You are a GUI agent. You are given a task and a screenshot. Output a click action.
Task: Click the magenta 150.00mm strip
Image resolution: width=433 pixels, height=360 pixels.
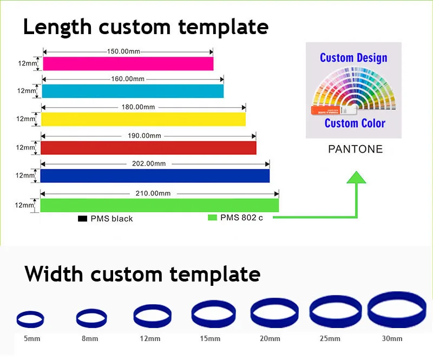tap(128, 63)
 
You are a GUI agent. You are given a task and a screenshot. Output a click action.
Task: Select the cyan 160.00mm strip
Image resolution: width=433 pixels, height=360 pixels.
tap(133, 91)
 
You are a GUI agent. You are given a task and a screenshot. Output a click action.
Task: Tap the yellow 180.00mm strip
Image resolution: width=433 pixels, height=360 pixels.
tap(143, 119)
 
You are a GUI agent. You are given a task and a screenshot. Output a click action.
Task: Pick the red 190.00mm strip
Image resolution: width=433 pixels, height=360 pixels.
tap(148, 147)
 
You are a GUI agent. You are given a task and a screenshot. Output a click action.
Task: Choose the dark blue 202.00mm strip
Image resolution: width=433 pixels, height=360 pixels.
tap(155, 175)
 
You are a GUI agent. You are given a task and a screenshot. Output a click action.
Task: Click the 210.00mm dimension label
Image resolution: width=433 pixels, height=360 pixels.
tap(153, 193)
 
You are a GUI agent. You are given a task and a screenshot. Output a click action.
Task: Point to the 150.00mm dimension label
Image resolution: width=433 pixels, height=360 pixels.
tap(124, 51)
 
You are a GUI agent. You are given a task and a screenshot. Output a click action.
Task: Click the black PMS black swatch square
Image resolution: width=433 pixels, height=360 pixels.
tap(83, 219)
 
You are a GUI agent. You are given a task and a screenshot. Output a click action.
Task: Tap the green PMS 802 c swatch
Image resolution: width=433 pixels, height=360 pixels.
tap(212, 218)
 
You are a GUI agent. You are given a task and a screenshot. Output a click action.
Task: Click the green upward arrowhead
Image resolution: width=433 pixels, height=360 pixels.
tap(356, 178)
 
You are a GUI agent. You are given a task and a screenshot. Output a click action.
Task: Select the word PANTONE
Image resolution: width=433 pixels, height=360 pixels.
tap(355, 149)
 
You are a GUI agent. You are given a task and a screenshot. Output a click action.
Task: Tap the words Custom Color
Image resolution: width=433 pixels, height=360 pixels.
tap(355, 123)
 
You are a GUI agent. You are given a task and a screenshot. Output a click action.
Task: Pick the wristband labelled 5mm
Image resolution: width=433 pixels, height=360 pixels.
tap(30, 319)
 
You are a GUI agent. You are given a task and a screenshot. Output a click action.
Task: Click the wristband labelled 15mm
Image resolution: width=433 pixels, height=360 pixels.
tap(214, 313)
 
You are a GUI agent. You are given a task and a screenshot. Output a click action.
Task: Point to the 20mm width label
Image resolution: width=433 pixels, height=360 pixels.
tap(270, 339)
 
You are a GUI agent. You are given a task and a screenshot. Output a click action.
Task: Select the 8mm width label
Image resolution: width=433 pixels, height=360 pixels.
tap(90, 339)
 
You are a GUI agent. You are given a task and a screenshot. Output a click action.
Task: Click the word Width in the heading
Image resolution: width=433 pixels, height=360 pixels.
tap(56, 274)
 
